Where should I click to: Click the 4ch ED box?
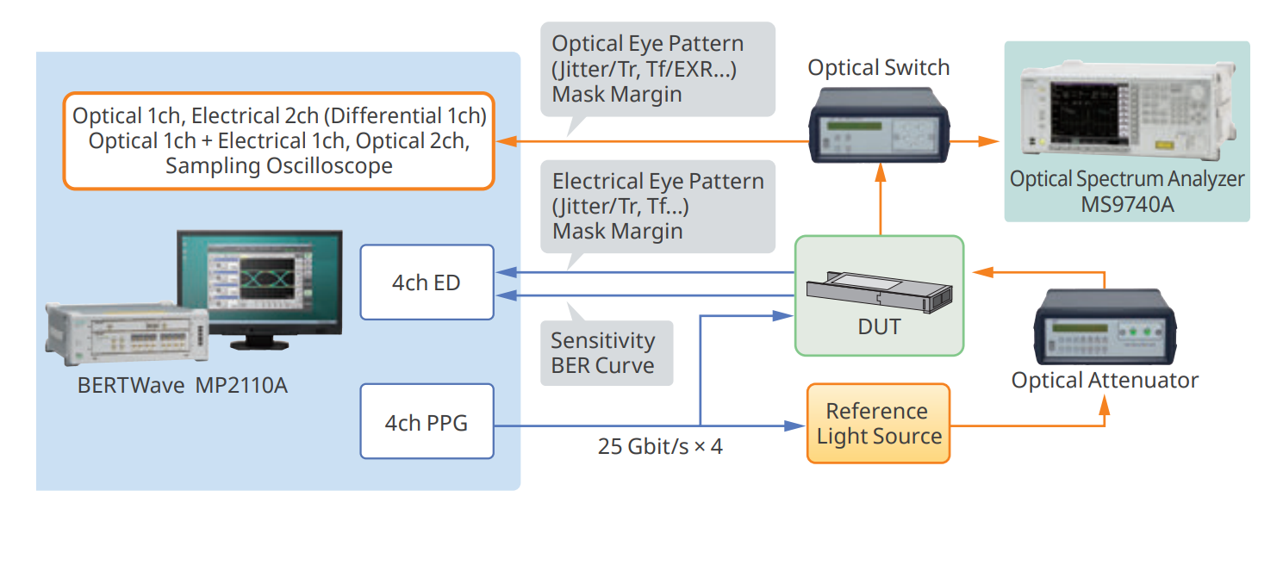tap(427, 282)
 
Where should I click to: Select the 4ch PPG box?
tap(427, 423)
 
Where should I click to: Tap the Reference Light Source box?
tap(878, 424)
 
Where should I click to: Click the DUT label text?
tap(879, 327)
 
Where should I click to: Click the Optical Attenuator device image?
tap(1104, 330)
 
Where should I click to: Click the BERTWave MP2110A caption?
tap(183, 385)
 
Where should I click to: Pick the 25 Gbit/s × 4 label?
tap(660, 447)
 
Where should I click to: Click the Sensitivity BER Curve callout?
tap(603, 353)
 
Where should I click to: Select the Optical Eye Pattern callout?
tap(657, 68)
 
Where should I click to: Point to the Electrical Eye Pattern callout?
tap(657, 207)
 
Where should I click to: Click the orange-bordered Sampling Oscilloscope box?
tap(278, 140)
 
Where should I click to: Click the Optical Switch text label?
tap(878, 67)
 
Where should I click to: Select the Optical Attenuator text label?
tap(1104, 380)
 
